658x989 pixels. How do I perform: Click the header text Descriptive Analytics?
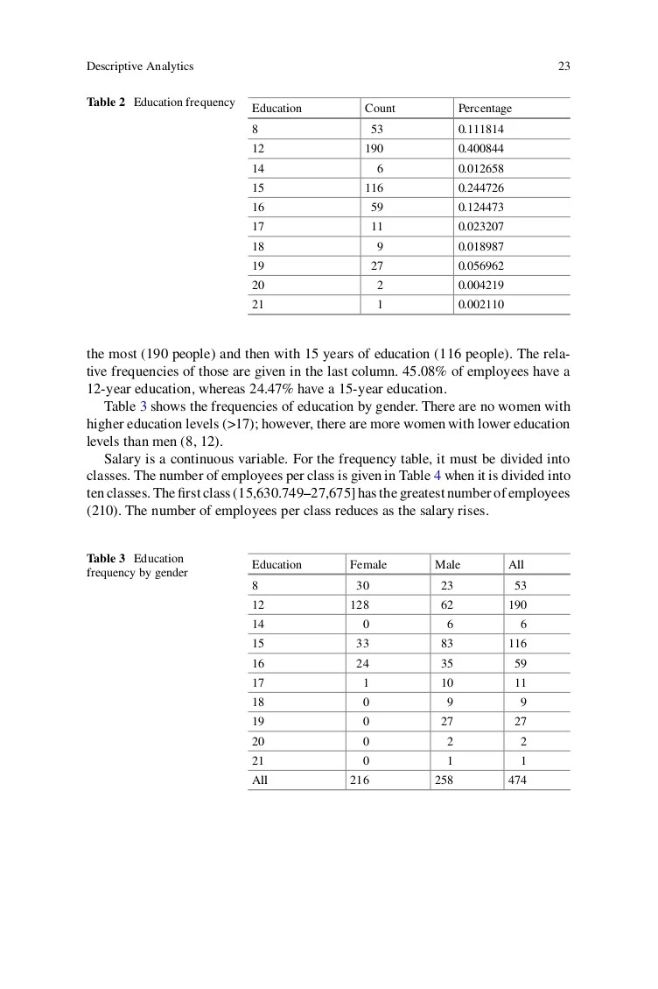(140, 67)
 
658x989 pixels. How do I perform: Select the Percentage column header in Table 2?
(484, 109)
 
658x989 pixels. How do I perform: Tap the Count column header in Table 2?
(380, 109)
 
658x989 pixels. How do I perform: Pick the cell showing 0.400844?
(480, 149)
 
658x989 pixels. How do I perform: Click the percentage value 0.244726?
(480, 188)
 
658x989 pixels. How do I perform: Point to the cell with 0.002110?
(480, 305)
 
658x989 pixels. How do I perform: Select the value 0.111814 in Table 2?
(480, 130)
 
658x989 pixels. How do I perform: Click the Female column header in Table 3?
(367, 565)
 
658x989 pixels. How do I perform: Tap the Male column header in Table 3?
(447, 565)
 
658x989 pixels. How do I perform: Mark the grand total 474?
(517, 780)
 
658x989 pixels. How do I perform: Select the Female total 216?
(359, 780)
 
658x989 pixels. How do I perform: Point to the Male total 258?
(444, 780)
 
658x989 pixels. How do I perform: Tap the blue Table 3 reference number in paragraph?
(142, 406)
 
